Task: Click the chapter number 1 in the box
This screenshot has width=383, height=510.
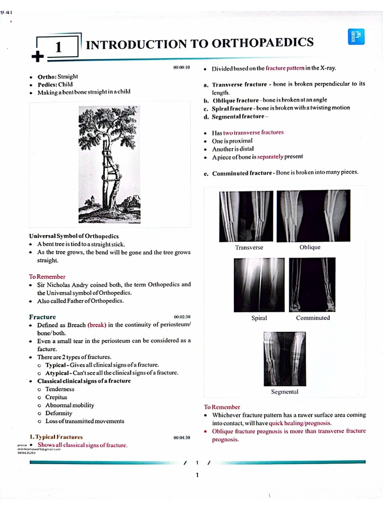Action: click(58, 47)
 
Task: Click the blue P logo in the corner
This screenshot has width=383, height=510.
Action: click(356, 37)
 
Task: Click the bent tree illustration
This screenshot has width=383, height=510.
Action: click(109, 165)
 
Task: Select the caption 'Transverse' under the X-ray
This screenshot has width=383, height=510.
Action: click(249, 248)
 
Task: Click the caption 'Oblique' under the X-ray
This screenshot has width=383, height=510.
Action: click(310, 248)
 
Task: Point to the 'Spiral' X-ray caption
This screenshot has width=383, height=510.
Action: click(259, 318)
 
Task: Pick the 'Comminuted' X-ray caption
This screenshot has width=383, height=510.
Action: click(313, 318)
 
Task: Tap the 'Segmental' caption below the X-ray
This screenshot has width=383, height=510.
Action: click(284, 392)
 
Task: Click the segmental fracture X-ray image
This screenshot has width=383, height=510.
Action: click(284, 359)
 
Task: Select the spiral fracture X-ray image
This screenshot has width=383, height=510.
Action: click(259, 285)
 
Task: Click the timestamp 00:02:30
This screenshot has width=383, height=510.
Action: click(182, 317)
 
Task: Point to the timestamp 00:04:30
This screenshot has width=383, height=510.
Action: click(182, 437)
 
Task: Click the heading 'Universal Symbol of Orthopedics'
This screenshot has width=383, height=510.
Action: click(74, 236)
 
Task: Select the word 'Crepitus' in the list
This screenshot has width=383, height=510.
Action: click(56, 397)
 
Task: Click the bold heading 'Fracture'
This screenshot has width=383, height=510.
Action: click(42, 317)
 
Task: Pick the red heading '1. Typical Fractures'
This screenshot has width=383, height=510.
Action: click(56, 437)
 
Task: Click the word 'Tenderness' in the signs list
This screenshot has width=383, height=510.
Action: click(59, 389)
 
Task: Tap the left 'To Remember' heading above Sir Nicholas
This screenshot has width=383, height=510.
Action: click(47, 276)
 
